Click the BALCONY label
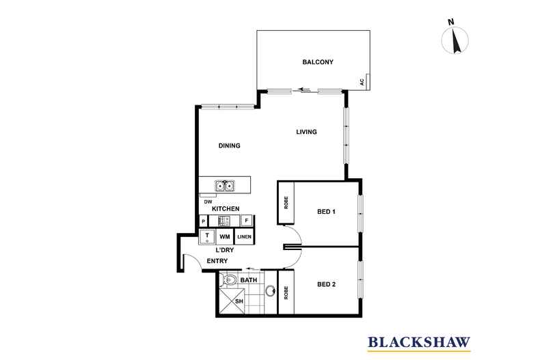point(317,63)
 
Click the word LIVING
point(306,132)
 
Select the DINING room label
point(228,146)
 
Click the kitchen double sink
point(225,185)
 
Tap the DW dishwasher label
point(206,202)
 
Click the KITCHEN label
point(225,208)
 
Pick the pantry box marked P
point(203,221)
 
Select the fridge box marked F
point(246,221)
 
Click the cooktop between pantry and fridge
point(225,221)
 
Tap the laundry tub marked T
point(207,236)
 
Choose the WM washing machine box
point(225,236)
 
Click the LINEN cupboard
point(245,236)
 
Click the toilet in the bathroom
point(230,280)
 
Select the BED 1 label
point(325,212)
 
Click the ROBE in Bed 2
point(286,290)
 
